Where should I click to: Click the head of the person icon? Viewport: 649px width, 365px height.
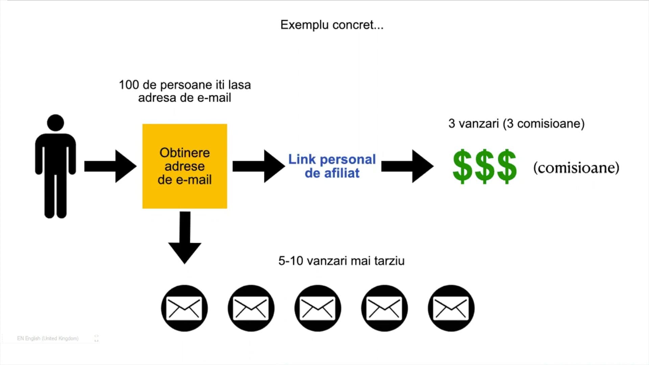click(x=55, y=123)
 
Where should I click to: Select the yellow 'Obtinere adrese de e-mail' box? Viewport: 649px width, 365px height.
click(x=185, y=166)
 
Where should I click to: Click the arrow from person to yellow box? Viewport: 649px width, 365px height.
click(x=110, y=166)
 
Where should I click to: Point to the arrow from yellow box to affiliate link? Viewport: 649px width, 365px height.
click(x=259, y=166)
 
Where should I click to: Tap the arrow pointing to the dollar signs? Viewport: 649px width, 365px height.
click(x=407, y=166)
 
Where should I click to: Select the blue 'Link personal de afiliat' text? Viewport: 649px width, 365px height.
click(x=332, y=166)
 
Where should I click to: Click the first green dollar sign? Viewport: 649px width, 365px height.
click(x=462, y=167)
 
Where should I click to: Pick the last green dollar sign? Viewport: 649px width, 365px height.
click(x=506, y=167)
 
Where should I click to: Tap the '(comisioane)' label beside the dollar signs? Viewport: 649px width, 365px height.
click(x=576, y=168)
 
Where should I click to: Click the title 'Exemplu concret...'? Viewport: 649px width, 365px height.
click(x=332, y=25)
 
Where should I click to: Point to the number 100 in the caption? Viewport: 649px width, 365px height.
click(x=128, y=85)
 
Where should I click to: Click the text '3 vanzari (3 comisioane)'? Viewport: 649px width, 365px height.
click(x=516, y=124)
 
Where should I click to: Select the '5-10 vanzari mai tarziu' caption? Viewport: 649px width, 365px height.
click(x=341, y=261)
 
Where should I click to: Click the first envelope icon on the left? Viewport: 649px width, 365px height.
click(x=184, y=308)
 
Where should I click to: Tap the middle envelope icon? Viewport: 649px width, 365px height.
click(x=318, y=308)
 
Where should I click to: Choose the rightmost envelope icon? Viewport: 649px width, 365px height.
click(x=451, y=308)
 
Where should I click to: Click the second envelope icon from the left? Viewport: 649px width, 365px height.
click(x=251, y=308)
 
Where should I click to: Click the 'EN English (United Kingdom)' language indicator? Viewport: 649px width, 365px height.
click(x=48, y=338)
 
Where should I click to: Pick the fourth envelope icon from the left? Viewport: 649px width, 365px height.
click(x=384, y=308)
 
